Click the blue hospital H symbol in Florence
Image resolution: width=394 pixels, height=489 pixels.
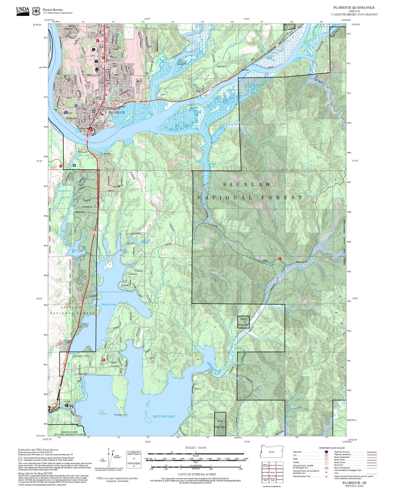(66, 112)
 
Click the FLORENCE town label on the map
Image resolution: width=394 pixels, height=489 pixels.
(117, 112)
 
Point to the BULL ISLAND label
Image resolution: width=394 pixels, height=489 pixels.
(182, 62)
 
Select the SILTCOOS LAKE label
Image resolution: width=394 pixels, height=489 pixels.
(164, 416)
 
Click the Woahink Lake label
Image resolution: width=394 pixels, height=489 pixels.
(109, 304)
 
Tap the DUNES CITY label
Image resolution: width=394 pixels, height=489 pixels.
(81, 356)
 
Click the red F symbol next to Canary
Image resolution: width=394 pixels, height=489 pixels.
(280, 259)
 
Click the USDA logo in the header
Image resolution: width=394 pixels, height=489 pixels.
(23, 11)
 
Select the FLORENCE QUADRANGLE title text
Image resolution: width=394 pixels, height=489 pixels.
(354, 7)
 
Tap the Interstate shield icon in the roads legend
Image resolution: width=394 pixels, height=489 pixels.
(326, 452)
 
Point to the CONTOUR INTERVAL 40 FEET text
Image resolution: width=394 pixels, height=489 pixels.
(197, 474)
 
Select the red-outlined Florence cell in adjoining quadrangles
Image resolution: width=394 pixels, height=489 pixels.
(272, 472)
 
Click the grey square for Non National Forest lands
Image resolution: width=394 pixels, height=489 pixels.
(20, 459)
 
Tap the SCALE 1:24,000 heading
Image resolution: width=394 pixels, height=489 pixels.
(196, 448)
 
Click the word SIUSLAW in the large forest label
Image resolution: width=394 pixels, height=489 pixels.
(247, 185)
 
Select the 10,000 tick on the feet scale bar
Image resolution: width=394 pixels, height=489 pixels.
(245, 459)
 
